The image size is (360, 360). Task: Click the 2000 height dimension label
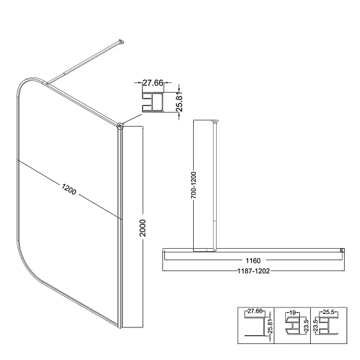[143, 228]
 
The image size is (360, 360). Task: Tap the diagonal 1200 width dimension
[68, 189]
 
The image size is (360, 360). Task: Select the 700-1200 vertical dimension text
[194, 185]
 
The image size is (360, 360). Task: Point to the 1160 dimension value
[253, 261]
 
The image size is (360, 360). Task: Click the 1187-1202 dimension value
[253, 271]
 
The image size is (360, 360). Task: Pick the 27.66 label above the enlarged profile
[153, 82]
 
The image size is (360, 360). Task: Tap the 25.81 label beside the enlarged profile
[179, 102]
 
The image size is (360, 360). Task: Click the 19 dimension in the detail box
[293, 313]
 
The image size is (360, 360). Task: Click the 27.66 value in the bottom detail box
[255, 311]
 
